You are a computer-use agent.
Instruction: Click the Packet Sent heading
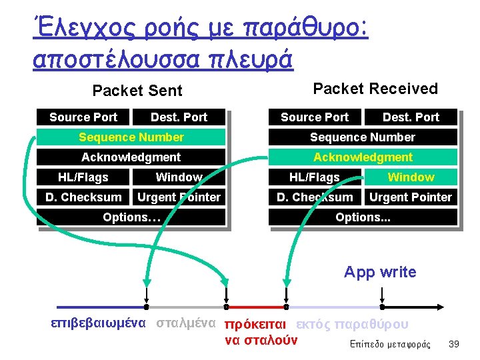click(137, 91)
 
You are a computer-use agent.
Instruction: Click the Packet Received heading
click(375, 89)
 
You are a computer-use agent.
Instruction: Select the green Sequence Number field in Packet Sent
click(131, 137)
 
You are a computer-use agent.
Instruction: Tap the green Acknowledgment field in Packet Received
click(363, 157)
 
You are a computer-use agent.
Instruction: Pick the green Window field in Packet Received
click(411, 177)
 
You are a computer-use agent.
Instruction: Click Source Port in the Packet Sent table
click(83, 117)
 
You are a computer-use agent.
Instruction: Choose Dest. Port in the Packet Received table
click(411, 117)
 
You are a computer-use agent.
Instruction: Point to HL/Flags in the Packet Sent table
click(83, 177)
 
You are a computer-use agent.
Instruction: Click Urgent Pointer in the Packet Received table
click(411, 197)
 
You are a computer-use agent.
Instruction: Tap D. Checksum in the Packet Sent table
click(83, 197)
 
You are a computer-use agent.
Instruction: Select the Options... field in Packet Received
click(363, 217)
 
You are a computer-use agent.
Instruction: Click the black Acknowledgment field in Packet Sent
click(131, 157)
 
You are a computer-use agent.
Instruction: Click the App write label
click(380, 272)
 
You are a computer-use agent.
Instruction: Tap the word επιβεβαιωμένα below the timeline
click(99, 323)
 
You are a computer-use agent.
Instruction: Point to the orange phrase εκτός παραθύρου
click(351, 325)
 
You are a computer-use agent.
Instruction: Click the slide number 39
click(455, 343)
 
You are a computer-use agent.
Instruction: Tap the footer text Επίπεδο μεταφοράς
click(390, 345)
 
